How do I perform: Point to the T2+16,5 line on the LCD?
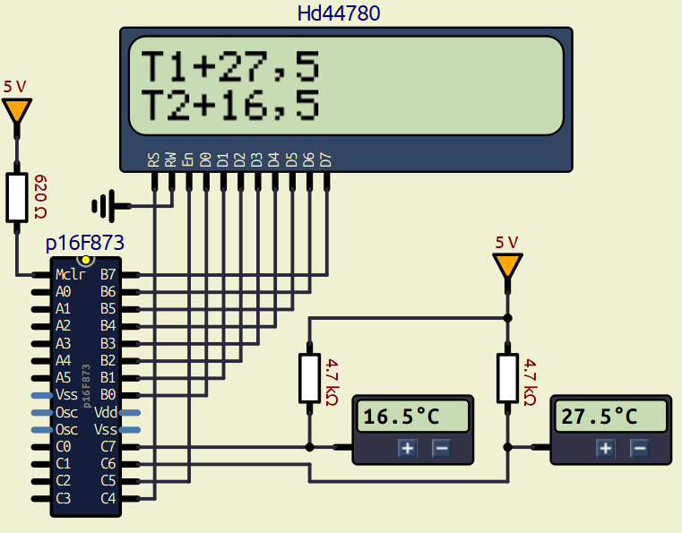coord(230,106)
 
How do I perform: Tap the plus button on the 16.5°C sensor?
coord(408,449)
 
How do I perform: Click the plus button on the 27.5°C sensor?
coord(607,449)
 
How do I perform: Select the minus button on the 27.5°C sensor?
coord(639,449)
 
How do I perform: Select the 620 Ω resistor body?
coord(17,197)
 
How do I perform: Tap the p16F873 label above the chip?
coord(84,243)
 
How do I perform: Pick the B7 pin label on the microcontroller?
coord(108,275)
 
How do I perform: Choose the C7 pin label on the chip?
coord(108,446)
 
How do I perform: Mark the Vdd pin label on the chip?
coord(106,412)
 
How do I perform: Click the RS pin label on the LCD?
coord(154,160)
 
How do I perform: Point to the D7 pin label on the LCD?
coord(326,160)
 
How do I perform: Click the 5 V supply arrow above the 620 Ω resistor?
coord(16,111)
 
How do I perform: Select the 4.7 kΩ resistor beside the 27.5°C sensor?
coord(508,378)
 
